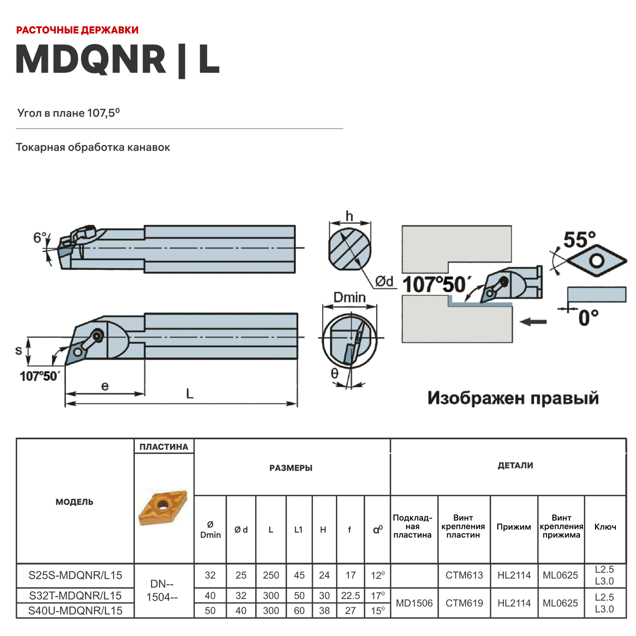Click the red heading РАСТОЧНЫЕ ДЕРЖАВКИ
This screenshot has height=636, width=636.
pos(77,30)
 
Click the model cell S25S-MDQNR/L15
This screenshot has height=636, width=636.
pos(75,575)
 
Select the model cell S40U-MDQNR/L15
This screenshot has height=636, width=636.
pos(75,611)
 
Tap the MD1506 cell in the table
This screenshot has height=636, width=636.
pos(414,603)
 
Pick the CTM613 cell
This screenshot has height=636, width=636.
pos(464,575)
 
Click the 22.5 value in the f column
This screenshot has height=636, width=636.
pos(350,596)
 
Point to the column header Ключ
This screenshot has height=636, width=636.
pos(605,527)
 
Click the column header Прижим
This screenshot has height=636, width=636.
pos(513,527)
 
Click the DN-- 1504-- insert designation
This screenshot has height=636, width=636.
pos(162,591)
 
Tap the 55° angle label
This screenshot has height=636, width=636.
pos(579,240)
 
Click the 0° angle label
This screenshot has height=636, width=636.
pos(589,318)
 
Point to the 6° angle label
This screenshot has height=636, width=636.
pos(39,238)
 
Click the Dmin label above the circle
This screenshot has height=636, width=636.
pos(349,297)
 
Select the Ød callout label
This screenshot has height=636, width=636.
pos(384,281)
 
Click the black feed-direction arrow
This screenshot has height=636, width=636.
pos(533,322)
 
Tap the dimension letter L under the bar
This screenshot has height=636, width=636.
pos(190,393)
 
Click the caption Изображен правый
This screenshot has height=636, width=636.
pos(513,398)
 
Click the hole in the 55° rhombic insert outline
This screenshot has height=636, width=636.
pos(597,260)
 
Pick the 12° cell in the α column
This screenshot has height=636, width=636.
pos(377,575)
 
